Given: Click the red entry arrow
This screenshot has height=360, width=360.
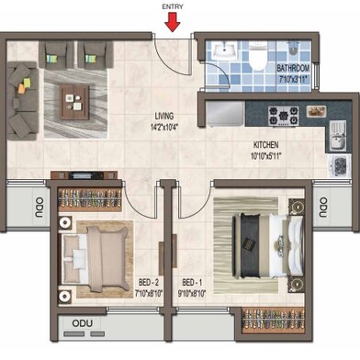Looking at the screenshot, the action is pos(173,22).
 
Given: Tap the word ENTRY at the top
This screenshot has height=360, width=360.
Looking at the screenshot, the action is pos(173,6).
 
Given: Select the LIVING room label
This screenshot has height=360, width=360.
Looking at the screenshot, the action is pos(164,116).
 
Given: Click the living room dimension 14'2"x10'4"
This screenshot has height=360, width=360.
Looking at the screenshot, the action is pos(164,127).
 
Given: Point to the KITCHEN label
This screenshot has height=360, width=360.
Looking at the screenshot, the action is pos(265,145).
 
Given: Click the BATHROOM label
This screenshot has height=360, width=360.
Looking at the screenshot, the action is pos(293,68).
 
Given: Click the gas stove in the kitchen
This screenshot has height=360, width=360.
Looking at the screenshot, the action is pos(284,116).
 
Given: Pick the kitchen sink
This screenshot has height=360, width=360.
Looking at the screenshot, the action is pos(338,136).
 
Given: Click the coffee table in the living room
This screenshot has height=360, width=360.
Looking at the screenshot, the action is pos(74,103).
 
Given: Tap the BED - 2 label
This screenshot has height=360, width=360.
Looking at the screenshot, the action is pos(149,282).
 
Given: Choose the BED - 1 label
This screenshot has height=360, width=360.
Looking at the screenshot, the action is pos(192,282).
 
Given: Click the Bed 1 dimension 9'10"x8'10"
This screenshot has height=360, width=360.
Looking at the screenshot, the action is pos(192,294).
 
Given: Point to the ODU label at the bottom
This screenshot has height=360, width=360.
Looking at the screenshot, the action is pos(83,323).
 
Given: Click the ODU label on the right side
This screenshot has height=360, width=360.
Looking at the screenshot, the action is pos(323,208).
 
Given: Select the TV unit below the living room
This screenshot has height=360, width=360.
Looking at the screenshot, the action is pos(84,175).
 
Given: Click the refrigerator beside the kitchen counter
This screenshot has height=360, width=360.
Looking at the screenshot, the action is pos(225,113).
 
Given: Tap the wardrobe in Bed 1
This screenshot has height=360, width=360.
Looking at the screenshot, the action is pos(274,321).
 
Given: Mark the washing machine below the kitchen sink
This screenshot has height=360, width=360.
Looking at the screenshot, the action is pos(339,165).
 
